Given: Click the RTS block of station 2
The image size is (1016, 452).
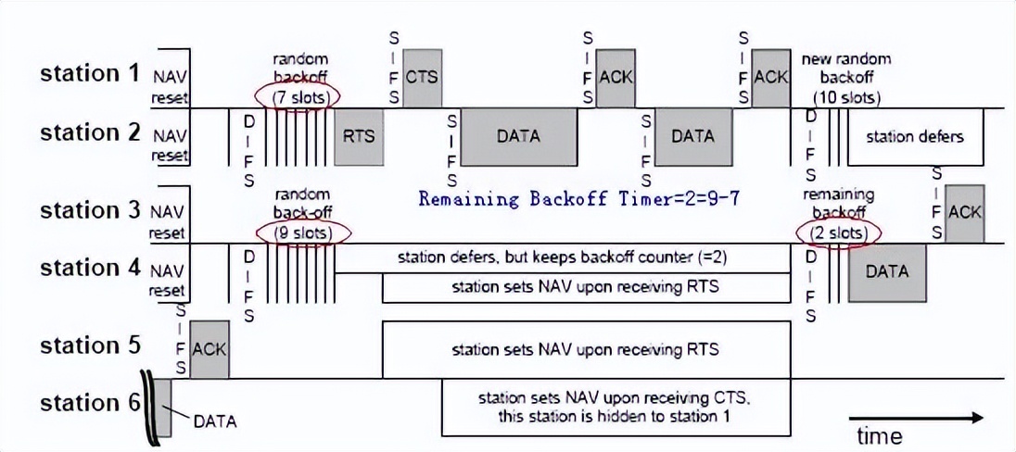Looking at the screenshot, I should (x=358, y=136).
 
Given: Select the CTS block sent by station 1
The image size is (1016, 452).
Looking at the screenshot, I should (x=421, y=77).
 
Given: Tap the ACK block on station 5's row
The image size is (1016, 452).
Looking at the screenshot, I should (x=209, y=349).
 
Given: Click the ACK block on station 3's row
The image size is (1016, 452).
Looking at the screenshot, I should (x=964, y=213).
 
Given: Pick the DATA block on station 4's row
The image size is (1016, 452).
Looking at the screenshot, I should (x=886, y=271).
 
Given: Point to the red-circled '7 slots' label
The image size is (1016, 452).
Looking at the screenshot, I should (x=300, y=96).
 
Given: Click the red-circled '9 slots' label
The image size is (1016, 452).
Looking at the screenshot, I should (x=301, y=232).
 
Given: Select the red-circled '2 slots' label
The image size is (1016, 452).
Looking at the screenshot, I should (x=838, y=232).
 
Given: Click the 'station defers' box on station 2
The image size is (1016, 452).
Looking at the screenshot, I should (x=914, y=137).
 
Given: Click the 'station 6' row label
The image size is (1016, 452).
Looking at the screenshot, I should (x=89, y=403).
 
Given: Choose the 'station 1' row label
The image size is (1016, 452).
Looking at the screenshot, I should (x=89, y=74).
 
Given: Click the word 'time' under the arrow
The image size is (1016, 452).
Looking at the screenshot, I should (x=879, y=435).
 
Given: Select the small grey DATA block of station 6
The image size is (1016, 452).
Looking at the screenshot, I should (x=161, y=408).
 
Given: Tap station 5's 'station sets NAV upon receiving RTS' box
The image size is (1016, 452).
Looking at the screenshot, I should (x=586, y=350).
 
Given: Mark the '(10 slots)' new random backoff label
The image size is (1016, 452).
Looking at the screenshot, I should (x=846, y=96).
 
